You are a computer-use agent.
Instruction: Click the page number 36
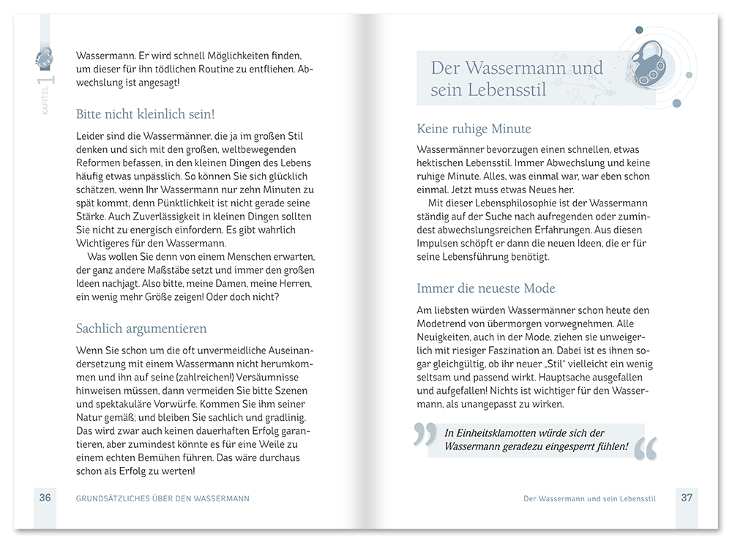(45, 498)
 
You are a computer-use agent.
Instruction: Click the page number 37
(687, 498)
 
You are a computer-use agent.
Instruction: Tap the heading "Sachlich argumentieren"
(141, 329)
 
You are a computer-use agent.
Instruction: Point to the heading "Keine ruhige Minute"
(474, 129)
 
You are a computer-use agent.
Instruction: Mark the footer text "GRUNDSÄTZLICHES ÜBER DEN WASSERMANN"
(163, 498)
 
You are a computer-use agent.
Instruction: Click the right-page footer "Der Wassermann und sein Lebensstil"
(589, 498)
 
